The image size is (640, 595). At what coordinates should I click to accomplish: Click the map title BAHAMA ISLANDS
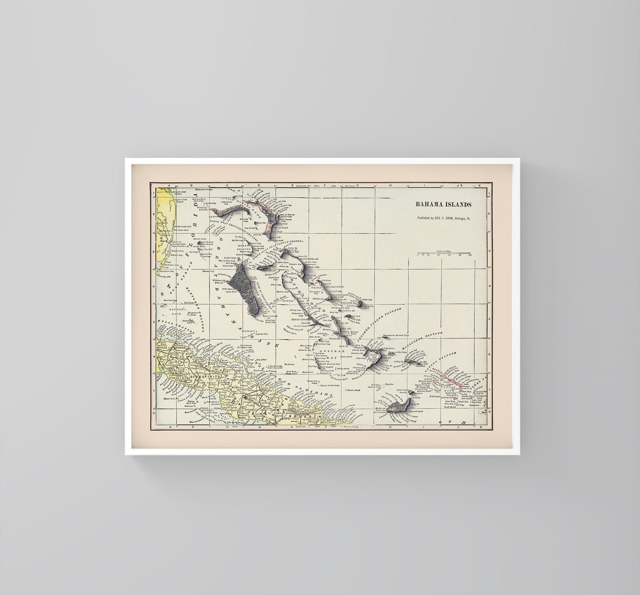(443, 204)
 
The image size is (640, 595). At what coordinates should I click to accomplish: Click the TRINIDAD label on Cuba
(174, 377)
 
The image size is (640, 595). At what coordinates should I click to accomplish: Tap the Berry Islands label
(244, 247)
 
